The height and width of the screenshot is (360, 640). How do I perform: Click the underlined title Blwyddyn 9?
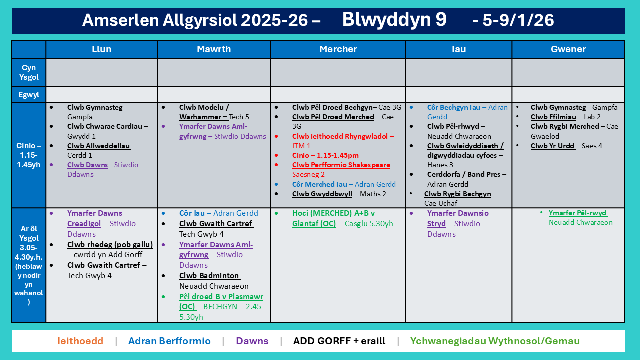coord(394,20)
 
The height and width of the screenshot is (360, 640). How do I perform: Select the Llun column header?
coord(102,49)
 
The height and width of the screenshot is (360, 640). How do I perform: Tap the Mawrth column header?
coord(214,49)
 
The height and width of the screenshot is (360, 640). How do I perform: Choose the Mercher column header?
coord(338,49)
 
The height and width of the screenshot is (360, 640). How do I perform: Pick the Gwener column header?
coord(568,49)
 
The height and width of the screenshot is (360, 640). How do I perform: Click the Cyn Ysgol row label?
coord(29,72)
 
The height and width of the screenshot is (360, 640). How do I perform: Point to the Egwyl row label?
coord(29,94)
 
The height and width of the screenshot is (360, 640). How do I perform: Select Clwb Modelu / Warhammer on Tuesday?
coord(204,112)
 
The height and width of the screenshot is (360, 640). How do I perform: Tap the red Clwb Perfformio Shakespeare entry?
coord(341,165)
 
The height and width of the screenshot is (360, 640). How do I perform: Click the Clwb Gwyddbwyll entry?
coord(322,194)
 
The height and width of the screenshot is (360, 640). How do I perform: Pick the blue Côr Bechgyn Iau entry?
coord(454,107)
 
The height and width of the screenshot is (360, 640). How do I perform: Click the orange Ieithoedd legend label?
coord(80,341)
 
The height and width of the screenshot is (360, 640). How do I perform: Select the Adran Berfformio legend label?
coord(169,341)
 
